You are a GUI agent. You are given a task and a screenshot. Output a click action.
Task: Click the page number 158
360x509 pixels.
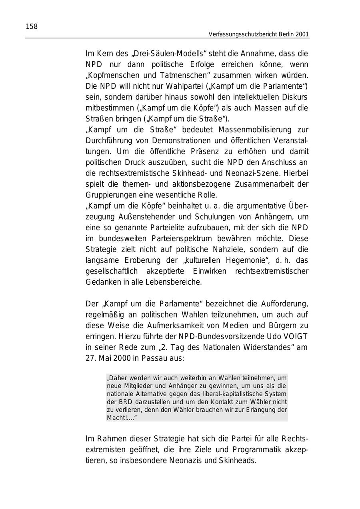(32, 27)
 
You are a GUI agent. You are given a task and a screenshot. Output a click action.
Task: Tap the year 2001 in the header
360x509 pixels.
(303, 35)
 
